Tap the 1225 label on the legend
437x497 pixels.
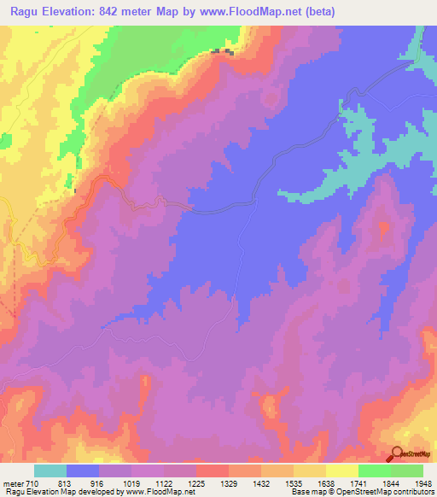click(198, 482)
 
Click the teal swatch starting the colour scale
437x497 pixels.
click(50, 471)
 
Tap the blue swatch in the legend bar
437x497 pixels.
click(83, 471)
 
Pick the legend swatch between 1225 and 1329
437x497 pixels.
click(213, 471)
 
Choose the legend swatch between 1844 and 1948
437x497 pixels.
click(407, 471)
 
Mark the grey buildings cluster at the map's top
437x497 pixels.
click(223, 53)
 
